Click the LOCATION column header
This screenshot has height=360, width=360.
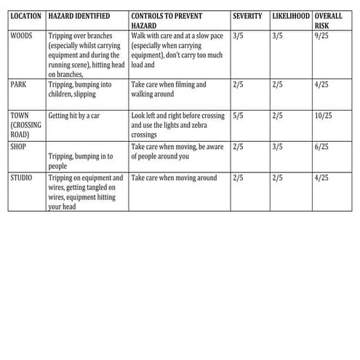[x=26, y=16]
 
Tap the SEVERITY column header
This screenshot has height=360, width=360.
[x=247, y=16]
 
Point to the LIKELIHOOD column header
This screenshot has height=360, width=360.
[x=290, y=16]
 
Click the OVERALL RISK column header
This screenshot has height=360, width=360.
[x=329, y=20]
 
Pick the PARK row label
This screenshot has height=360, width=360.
[x=19, y=84]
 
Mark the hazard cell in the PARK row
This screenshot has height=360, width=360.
[x=84, y=89]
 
